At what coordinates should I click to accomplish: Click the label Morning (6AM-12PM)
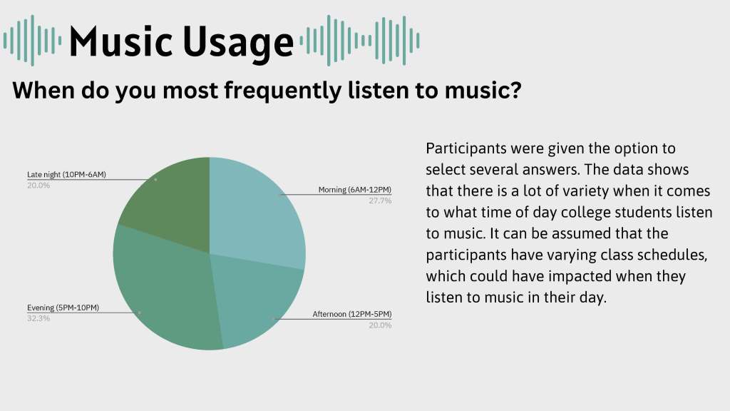pyautogui.click(x=355, y=190)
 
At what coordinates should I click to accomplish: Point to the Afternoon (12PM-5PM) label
pyautogui.click(x=352, y=314)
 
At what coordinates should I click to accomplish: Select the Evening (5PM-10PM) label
pyautogui.click(x=63, y=308)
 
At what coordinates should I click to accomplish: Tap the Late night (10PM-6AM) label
pyautogui.click(x=66, y=174)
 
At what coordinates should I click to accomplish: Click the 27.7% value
pyautogui.click(x=381, y=201)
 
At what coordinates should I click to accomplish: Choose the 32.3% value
pyautogui.click(x=38, y=319)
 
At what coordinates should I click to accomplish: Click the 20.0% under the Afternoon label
pyautogui.click(x=381, y=325)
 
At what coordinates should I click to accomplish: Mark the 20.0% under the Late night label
pyautogui.click(x=38, y=186)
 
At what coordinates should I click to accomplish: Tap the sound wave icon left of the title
pyautogui.click(x=32, y=41)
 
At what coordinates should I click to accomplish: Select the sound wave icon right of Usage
pyautogui.click(x=360, y=41)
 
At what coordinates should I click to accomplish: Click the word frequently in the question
pyautogui.click(x=282, y=91)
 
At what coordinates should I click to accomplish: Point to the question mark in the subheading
pyautogui.click(x=515, y=89)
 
